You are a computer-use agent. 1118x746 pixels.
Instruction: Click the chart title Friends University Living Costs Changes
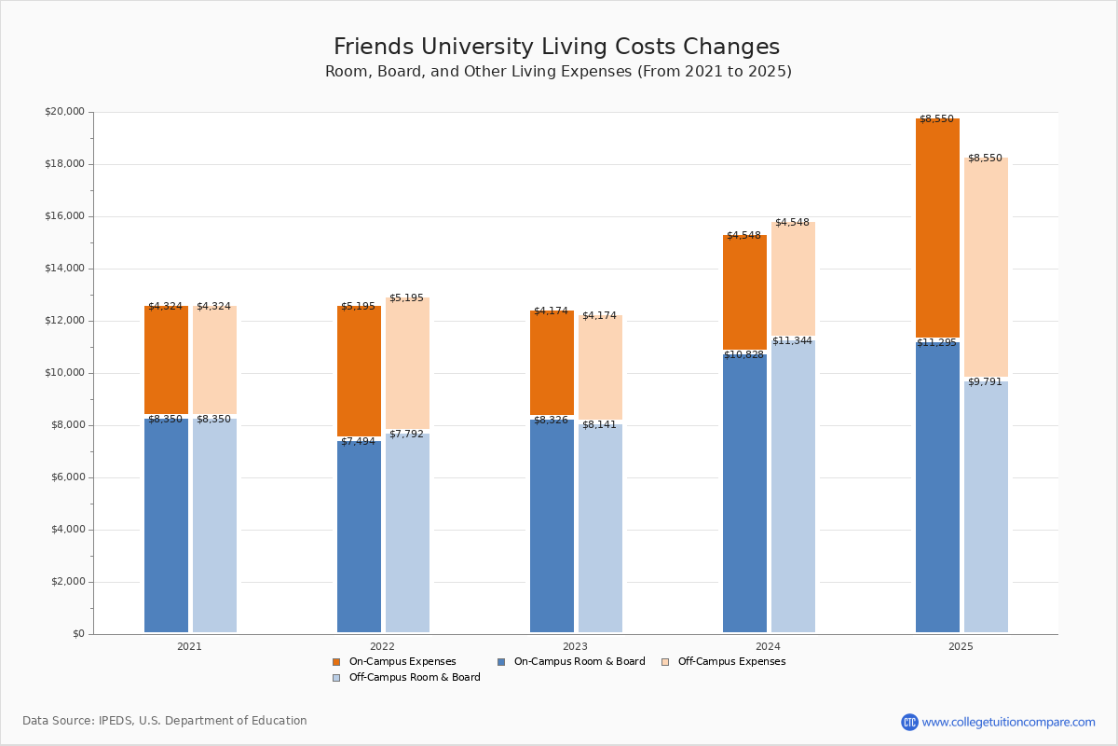556,48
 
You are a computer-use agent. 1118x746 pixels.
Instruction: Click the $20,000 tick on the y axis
64,112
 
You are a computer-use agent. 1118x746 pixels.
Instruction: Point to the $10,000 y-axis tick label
64,373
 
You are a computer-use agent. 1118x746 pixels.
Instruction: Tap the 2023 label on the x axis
575,646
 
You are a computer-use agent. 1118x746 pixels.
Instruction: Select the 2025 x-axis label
961,646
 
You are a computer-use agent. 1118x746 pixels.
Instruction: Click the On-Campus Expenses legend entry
402,662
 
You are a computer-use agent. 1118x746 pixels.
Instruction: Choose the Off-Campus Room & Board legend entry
414,678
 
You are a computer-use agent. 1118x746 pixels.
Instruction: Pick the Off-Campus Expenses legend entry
730,662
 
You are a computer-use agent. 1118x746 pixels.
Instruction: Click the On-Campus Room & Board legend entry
579,662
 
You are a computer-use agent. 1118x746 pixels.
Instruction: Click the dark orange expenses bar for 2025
937,228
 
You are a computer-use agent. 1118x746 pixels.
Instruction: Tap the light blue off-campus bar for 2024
793,486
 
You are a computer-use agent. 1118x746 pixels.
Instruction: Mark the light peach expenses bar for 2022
407,364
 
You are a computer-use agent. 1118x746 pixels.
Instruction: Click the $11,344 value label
792,341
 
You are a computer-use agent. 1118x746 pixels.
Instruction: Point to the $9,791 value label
985,382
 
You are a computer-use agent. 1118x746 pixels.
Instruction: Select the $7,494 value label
358,442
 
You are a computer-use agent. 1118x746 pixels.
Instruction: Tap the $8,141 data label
599,425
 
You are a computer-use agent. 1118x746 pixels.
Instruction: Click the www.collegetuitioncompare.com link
1008,722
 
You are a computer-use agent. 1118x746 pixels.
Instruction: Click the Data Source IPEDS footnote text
165,721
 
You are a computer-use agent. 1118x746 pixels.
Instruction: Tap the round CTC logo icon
909,722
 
